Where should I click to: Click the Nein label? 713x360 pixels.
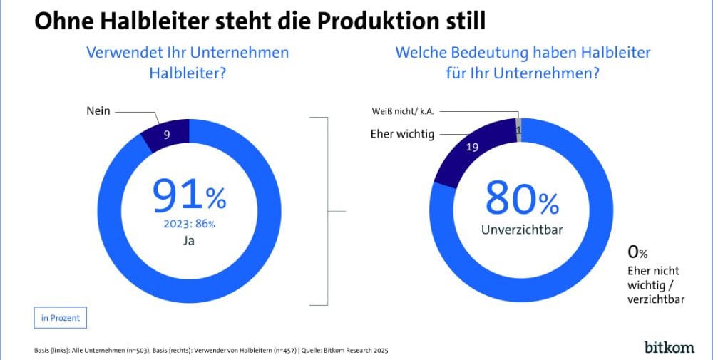point(98,112)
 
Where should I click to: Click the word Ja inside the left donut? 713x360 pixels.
point(188,241)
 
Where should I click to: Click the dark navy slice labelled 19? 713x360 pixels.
point(472,149)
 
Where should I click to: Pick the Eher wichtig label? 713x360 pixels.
point(402,134)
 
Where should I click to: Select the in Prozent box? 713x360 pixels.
point(61,318)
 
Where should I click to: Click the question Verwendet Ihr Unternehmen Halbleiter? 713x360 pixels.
point(187,62)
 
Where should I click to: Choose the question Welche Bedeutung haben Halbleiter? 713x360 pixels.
point(523,53)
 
